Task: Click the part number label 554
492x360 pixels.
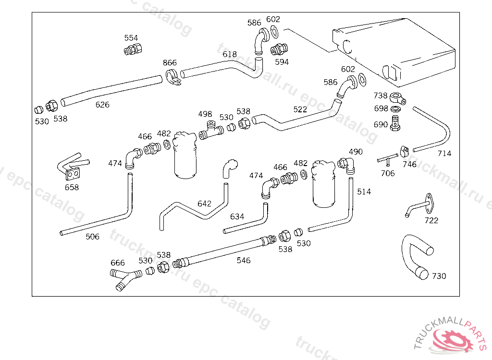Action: [x=131, y=38]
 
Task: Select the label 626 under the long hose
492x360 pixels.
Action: [x=102, y=105]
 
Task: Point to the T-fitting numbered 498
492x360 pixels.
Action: [x=211, y=131]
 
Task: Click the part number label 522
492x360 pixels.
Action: [x=300, y=109]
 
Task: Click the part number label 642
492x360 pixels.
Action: [x=204, y=204]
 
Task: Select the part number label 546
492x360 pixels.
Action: [x=244, y=260]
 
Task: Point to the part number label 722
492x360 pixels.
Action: [x=431, y=220]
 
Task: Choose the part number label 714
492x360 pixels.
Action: [x=444, y=154]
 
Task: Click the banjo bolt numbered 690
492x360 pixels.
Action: [x=396, y=122]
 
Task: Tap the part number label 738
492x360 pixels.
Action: [x=381, y=96]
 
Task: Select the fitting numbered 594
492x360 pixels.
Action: [x=279, y=49]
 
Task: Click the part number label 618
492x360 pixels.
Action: [x=230, y=54]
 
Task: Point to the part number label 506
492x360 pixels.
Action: [x=93, y=236]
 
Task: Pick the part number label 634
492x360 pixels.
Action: [x=237, y=216]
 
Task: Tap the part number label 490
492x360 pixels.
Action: [x=356, y=152]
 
